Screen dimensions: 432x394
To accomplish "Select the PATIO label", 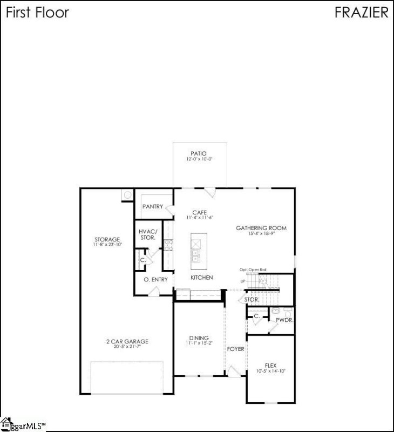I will pos(200,154).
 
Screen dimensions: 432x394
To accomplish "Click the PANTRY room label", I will pos(152,207).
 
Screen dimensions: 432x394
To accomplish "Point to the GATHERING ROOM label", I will pos(261,228).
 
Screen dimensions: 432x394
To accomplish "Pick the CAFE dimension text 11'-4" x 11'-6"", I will pos(200,218).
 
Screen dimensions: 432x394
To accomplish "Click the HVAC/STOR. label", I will pos(147,234).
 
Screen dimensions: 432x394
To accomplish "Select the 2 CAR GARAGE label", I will pos(127,341).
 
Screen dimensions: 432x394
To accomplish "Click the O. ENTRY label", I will pos(155,279).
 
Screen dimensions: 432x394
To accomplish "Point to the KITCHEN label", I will pos(201,278).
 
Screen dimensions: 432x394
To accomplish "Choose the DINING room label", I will pos(199,338).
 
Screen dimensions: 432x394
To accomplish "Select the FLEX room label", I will pos(270,366).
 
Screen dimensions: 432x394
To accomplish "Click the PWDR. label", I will pos(284,320).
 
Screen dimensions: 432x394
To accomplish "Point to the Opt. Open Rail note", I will pos(253,269).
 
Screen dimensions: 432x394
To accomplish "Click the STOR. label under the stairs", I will pos(252,299).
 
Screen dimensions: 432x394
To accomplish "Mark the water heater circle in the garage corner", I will pos(127,194).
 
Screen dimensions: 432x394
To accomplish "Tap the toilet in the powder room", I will pos(275,311).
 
